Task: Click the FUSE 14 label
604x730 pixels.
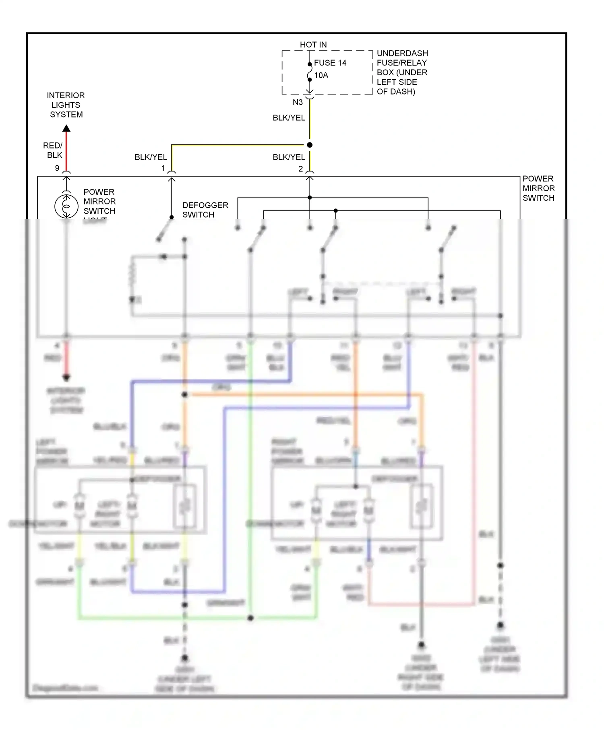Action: click(x=330, y=63)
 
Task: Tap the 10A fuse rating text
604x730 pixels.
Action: click(x=321, y=75)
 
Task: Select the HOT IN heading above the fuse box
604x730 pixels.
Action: click(x=313, y=45)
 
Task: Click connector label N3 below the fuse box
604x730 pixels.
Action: click(x=298, y=102)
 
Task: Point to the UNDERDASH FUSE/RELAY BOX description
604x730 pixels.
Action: click(x=401, y=72)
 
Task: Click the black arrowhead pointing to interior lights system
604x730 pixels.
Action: click(x=66, y=128)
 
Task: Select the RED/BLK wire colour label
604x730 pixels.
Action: click(x=53, y=150)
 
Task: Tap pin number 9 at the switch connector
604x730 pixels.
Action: click(x=57, y=168)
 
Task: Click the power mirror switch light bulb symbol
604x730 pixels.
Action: click(x=66, y=206)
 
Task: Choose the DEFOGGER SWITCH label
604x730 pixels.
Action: click(x=205, y=210)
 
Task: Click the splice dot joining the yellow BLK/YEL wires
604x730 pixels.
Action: click(x=309, y=145)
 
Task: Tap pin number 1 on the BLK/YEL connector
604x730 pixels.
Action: click(x=163, y=168)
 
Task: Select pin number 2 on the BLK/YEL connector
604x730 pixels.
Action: click(x=300, y=169)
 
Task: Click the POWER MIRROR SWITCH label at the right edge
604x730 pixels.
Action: click(x=538, y=188)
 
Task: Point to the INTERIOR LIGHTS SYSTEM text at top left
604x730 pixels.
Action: click(x=66, y=105)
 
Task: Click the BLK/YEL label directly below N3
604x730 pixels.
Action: click(x=289, y=118)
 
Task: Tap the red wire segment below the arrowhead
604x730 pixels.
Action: click(x=66, y=151)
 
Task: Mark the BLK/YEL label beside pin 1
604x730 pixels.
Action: click(x=151, y=157)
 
